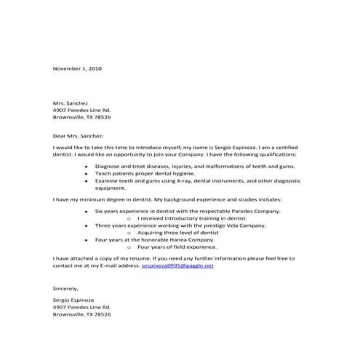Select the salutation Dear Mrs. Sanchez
click(79, 135)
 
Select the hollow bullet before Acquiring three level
click(129, 231)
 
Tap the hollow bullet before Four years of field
click(129, 245)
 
